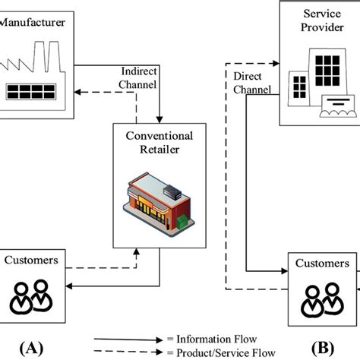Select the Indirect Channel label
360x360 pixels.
coord(139,76)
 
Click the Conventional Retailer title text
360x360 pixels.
coord(158,141)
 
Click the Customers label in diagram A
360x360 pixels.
coord(31,261)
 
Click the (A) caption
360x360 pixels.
coord(32,348)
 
